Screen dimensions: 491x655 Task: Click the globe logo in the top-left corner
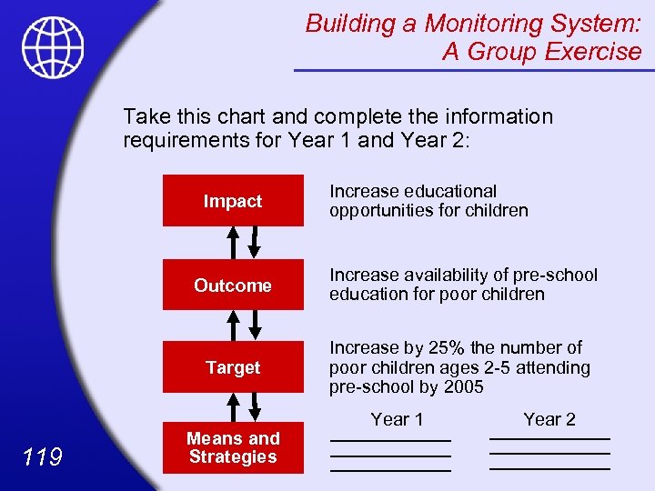[x=53, y=47]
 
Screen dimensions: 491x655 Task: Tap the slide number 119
[x=44, y=456]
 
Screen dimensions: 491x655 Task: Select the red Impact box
[x=233, y=201]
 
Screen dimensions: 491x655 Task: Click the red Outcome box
[x=233, y=286]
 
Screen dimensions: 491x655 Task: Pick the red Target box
[x=233, y=367]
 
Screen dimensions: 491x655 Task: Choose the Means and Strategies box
[x=233, y=448]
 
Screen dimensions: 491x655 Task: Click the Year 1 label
[x=397, y=419]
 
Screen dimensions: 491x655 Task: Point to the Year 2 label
[x=549, y=419]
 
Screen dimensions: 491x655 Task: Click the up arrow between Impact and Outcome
[x=233, y=244]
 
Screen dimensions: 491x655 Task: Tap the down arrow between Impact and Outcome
[x=256, y=244]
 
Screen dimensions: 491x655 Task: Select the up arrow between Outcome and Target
[x=233, y=326]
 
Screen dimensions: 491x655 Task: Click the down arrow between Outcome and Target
[x=256, y=326]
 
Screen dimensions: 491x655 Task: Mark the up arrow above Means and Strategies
[x=233, y=406]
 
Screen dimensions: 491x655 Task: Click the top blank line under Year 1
[x=390, y=441]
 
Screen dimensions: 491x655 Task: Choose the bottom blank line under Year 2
[x=549, y=469]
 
